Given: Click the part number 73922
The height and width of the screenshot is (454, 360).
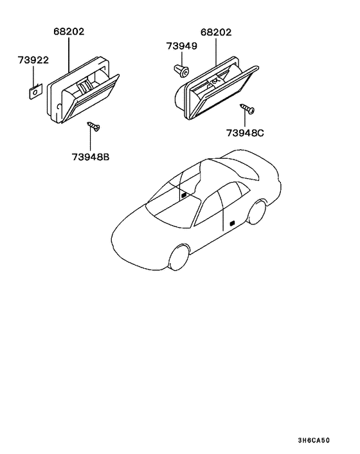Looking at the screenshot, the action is (x=33, y=60).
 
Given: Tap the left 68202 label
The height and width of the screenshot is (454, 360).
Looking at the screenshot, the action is (x=69, y=32).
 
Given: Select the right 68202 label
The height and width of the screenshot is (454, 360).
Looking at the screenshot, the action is (x=216, y=32).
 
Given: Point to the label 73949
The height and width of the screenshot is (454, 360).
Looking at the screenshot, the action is (x=182, y=46).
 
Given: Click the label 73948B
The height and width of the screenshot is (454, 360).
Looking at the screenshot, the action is (x=91, y=157).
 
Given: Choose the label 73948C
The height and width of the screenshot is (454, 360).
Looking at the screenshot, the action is (x=245, y=133).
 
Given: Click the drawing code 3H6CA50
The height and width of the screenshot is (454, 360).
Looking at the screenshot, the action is (x=314, y=440).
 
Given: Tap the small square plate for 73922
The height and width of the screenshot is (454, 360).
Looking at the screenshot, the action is (x=36, y=91).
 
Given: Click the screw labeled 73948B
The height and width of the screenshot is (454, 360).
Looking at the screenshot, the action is (x=93, y=126).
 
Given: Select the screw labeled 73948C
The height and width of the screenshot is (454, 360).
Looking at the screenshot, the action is (x=247, y=109).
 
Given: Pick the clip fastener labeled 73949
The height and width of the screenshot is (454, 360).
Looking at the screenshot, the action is (x=181, y=71).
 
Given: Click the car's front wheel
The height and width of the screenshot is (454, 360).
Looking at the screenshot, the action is (x=179, y=257).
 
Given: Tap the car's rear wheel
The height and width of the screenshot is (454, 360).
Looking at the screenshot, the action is (x=257, y=212).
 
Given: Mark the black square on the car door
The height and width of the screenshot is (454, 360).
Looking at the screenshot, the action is (x=232, y=224).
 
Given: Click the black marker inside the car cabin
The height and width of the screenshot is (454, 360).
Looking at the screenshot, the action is (x=183, y=195).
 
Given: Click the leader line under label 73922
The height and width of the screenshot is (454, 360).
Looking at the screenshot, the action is (x=33, y=76).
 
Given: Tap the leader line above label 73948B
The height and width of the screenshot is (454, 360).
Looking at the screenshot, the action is (x=90, y=140).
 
